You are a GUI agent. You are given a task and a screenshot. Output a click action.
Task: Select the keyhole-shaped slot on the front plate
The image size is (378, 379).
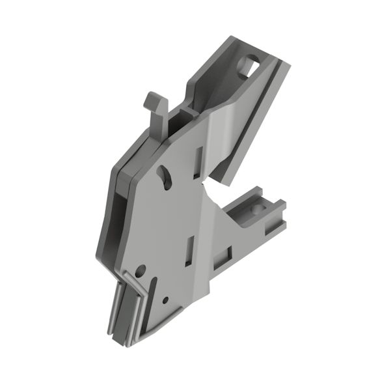pos(165,176)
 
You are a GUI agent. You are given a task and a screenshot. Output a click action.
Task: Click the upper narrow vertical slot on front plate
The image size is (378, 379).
pos(198,162)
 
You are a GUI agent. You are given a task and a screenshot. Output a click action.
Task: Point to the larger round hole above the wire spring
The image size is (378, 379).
pos(139,268)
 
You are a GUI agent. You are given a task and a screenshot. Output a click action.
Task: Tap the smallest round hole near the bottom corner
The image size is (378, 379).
pos(165,300)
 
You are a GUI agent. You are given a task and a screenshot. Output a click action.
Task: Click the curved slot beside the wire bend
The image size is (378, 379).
pos(154,287)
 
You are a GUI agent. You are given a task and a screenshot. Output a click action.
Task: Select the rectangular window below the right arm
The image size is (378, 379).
pos(229,256)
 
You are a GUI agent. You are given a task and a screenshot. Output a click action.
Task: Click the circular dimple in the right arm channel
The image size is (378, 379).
pos(252,210)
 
